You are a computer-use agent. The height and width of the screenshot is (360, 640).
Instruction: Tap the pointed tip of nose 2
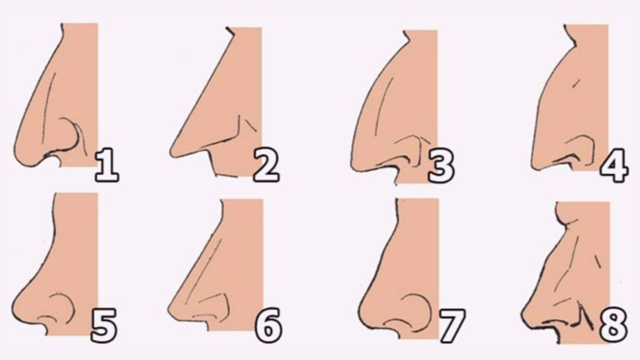(172, 153)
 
